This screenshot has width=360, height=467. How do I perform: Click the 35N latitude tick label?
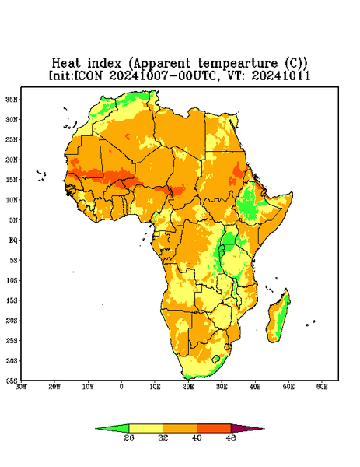12,99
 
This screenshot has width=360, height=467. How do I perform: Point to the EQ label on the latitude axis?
12,240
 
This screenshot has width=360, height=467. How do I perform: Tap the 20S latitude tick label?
12,321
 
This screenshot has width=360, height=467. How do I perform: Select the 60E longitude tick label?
322,387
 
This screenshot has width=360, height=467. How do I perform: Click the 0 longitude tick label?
121,387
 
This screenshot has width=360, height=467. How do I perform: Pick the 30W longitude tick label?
21,387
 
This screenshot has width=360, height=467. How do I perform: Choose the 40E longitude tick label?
255,387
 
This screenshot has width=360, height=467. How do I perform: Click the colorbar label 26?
129,437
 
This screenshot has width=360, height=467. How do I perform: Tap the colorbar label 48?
231,437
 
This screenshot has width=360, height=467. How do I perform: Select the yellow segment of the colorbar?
145,428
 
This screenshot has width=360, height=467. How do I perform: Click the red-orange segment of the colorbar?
214,428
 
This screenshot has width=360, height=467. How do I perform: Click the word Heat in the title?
66,63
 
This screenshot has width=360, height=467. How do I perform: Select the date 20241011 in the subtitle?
281,75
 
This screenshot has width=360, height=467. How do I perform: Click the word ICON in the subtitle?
88,75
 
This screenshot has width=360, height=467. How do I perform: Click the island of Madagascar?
278,318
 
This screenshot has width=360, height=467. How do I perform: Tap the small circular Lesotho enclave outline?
216,359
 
